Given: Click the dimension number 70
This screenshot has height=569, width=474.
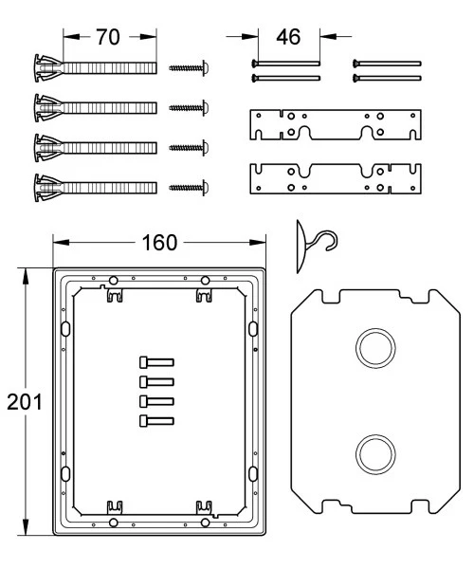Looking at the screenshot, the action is (x=108, y=37).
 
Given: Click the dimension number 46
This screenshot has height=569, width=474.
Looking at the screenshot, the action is (x=288, y=37).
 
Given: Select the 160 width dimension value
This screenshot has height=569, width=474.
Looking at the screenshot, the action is (x=159, y=243).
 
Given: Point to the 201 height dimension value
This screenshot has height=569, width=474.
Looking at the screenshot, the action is (x=25, y=402).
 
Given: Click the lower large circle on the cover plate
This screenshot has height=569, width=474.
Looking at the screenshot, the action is (x=375, y=454).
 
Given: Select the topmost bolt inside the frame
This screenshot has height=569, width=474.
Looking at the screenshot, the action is (x=156, y=362).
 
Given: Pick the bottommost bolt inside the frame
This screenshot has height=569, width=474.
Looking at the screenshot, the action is (x=156, y=421).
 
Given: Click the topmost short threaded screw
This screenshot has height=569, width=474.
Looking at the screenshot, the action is (x=189, y=68).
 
